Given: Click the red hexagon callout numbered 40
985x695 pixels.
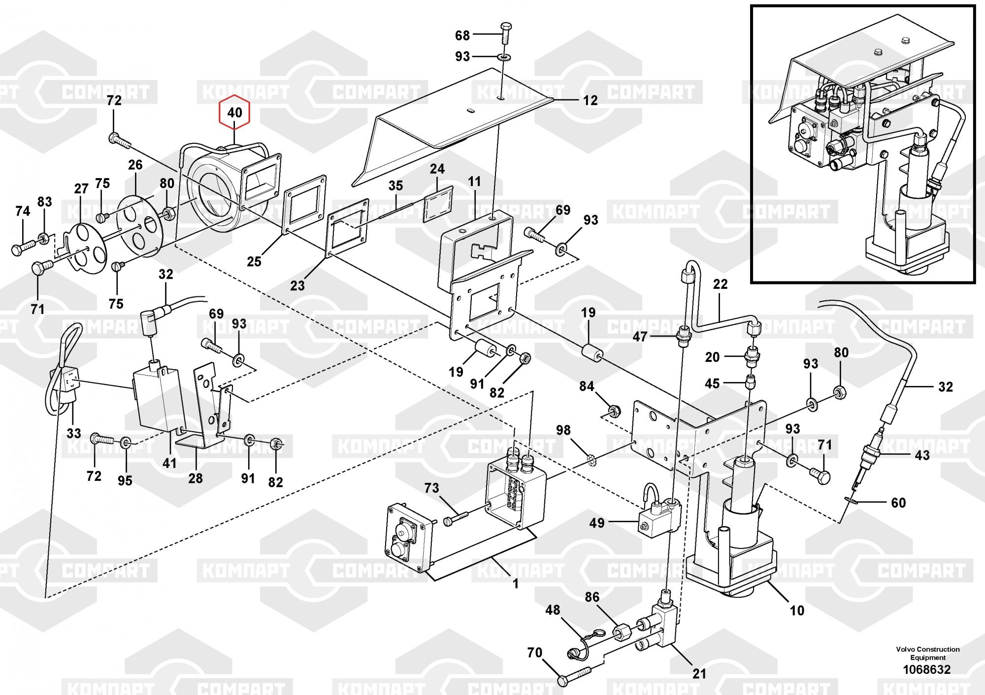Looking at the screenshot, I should (x=234, y=113).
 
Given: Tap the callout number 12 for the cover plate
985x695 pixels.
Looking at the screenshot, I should (x=590, y=100).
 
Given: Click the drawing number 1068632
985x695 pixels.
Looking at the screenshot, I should (x=926, y=669).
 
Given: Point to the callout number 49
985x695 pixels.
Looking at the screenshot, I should (x=597, y=523).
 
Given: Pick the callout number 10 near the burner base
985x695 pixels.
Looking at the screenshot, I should (x=797, y=611).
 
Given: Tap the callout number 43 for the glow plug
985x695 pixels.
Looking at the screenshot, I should (x=922, y=455).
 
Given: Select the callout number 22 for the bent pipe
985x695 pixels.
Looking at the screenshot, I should (x=720, y=284).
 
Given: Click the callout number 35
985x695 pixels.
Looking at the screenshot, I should (x=395, y=186).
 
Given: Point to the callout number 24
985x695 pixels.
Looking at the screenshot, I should (x=437, y=169).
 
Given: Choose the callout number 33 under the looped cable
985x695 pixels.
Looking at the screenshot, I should (x=74, y=433).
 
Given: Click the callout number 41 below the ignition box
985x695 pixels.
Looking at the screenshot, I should (x=169, y=463).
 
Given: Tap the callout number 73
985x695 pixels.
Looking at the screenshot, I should (x=431, y=488).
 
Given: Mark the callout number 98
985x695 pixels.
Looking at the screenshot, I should (x=563, y=430).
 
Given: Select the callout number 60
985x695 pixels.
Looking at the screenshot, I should (x=898, y=503).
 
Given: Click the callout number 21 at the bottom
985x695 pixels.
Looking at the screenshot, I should (x=699, y=674).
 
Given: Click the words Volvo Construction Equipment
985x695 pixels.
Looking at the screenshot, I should (x=927, y=653).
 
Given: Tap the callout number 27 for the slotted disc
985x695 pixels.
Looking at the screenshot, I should (x=81, y=189).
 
